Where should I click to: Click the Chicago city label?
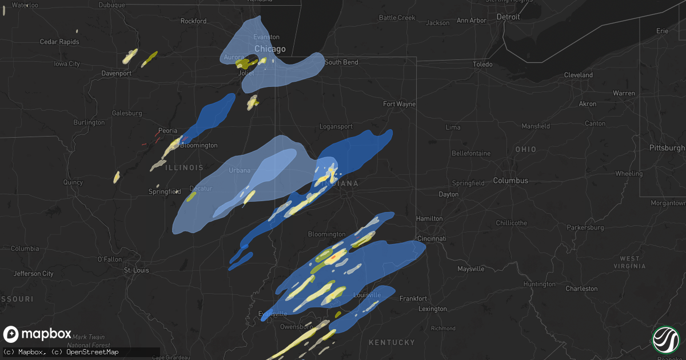point(270,49)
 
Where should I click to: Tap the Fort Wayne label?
point(399,104)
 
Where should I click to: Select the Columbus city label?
point(510,181)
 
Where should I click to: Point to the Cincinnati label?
point(431,238)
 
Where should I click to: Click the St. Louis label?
point(136,270)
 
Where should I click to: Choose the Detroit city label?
point(508,17)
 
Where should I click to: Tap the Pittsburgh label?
point(667,148)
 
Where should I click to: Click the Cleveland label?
point(578,75)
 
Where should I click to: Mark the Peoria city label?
point(167,131)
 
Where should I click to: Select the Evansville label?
point(273,314)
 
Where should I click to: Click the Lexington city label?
point(432,309)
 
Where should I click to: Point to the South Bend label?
point(341,62)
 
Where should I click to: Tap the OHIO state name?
point(525,149)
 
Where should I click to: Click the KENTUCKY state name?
point(392,342)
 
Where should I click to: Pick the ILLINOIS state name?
point(184,167)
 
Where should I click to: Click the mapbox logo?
point(38,334)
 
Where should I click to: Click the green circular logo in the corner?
point(665,340)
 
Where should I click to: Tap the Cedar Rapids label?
point(59,42)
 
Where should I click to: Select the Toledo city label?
point(482,65)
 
